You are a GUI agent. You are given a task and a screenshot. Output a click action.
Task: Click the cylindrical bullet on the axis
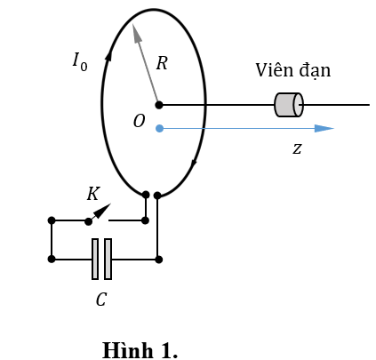click(289, 105)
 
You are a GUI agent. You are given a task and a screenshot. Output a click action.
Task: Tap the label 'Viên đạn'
click(293, 70)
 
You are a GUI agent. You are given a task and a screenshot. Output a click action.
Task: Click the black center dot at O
click(159, 105)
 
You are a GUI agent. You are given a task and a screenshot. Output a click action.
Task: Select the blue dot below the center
click(159, 128)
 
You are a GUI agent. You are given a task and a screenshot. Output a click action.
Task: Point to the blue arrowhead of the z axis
click(324, 128)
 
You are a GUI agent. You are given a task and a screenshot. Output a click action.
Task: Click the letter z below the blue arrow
click(297, 148)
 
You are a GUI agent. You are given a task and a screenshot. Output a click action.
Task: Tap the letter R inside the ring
click(162, 63)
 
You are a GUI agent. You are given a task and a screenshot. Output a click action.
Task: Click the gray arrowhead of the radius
click(137, 33)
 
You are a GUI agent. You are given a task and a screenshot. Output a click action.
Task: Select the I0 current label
click(80, 61)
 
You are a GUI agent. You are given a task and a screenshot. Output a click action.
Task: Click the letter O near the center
click(140, 121)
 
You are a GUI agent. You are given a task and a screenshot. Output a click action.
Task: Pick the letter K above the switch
click(93, 194)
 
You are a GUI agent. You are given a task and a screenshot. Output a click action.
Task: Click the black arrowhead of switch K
click(103, 210)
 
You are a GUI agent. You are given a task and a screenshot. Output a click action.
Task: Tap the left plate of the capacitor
click(95, 259)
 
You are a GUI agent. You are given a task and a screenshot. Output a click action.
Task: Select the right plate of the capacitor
click(108, 259)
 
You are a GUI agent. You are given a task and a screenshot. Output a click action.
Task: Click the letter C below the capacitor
click(101, 300)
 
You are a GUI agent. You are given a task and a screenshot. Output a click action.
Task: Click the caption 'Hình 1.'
click(140, 350)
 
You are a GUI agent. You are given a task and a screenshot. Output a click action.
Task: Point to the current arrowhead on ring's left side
click(108, 55)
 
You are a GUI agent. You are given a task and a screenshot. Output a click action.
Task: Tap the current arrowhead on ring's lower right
click(195, 164)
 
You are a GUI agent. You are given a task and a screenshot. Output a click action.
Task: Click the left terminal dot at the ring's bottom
click(146, 195)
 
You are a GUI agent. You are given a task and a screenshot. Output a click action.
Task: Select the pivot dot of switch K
click(88, 221)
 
